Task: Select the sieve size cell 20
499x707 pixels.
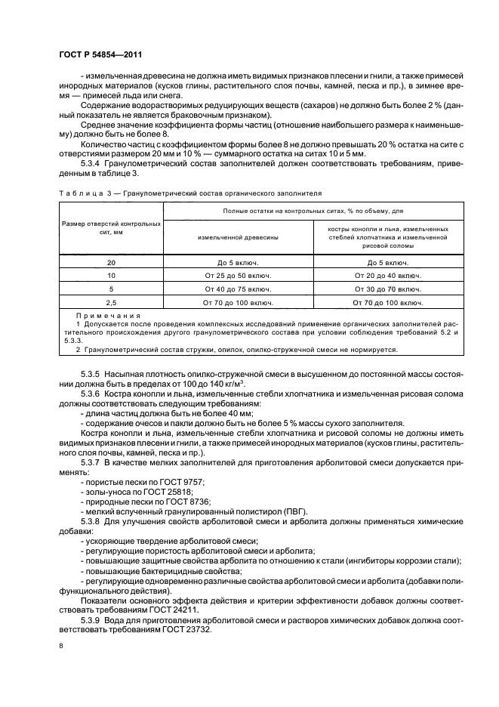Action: click(111, 262)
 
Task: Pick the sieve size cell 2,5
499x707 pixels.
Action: click(111, 302)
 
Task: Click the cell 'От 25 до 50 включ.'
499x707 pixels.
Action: click(238, 276)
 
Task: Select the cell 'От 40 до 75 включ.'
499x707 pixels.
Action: click(238, 289)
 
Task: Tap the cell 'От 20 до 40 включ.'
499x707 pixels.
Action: click(388, 276)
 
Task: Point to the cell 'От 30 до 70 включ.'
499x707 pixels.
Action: click(388, 289)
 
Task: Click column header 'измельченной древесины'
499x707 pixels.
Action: click(238, 236)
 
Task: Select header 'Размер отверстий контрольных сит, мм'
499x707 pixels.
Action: click(111, 229)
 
